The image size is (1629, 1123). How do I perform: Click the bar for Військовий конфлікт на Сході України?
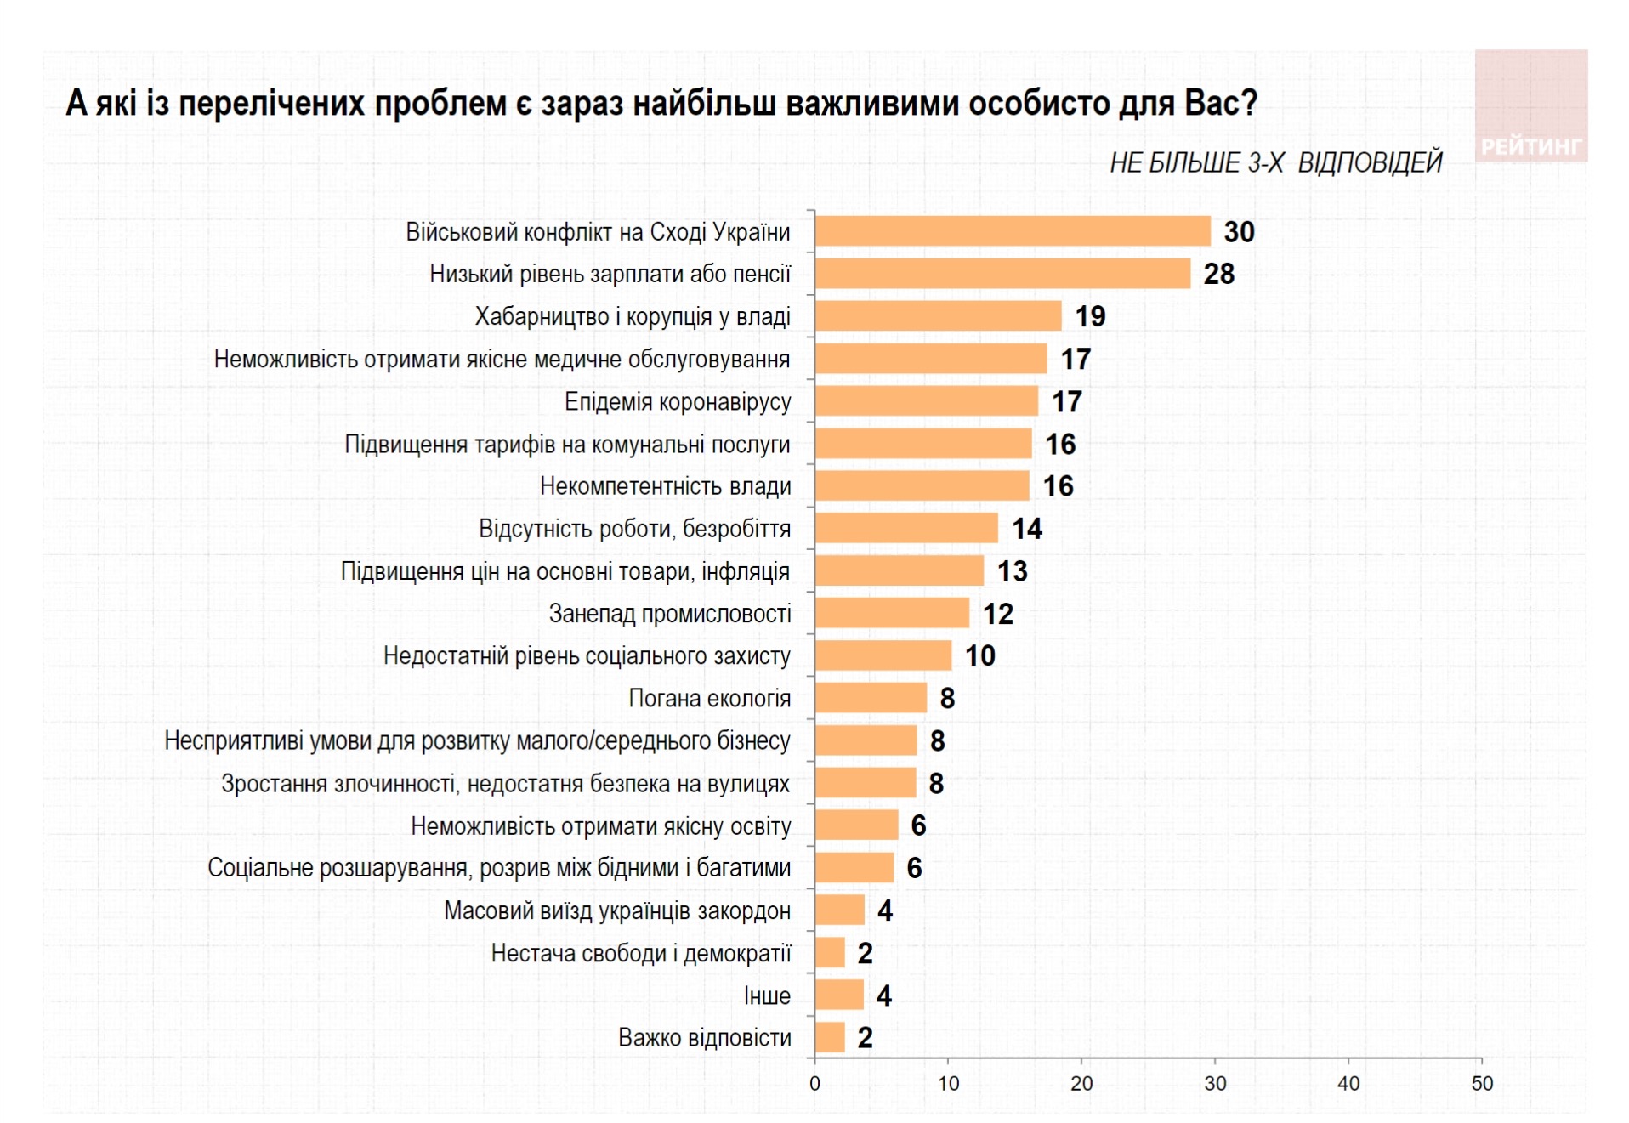click(x=1012, y=231)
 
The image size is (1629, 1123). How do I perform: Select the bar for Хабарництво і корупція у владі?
click(x=938, y=316)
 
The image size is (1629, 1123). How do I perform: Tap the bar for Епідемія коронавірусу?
click(x=926, y=401)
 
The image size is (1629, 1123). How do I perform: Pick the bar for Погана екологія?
click(x=871, y=698)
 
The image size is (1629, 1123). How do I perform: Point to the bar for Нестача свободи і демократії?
click(x=830, y=953)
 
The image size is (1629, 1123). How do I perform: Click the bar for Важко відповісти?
click(x=830, y=1037)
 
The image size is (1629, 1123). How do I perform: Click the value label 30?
click(x=1239, y=232)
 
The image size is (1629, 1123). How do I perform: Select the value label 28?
click(x=1218, y=274)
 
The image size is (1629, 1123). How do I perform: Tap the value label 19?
click(x=1090, y=316)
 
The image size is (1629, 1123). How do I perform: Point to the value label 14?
click(x=1026, y=529)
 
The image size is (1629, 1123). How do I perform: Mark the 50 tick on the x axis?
click(x=1481, y=1084)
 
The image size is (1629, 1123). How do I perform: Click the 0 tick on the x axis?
click(x=814, y=1084)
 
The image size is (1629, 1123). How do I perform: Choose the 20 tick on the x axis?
click(x=1081, y=1084)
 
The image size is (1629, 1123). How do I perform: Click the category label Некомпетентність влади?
click(x=665, y=486)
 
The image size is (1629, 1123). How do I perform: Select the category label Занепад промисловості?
click(x=670, y=614)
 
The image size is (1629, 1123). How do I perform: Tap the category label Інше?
click(x=767, y=995)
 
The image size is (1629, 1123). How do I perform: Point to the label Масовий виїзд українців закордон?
click(x=617, y=910)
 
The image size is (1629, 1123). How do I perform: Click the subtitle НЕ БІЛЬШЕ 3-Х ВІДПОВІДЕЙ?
click(x=1275, y=162)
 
